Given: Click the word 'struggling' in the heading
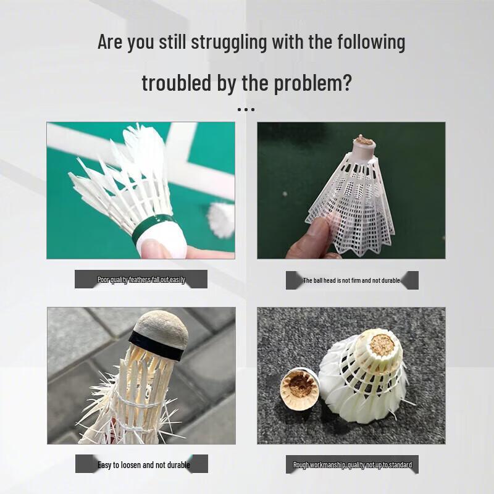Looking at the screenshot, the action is [228, 42].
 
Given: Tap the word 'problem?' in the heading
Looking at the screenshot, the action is [312, 83].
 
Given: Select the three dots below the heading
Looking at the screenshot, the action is [246, 110].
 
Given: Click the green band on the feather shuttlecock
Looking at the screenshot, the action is [151, 227].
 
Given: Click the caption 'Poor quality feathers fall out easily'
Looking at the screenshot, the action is [141, 280].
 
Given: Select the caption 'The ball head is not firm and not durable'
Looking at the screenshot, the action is [351, 280].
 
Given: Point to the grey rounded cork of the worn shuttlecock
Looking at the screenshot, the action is [162, 328].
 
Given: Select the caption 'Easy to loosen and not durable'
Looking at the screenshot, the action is [144, 465].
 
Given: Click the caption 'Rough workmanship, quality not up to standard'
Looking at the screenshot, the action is [353, 465].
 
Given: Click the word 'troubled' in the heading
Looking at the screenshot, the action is [176, 83].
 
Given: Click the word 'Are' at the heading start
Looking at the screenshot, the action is [110, 42].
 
